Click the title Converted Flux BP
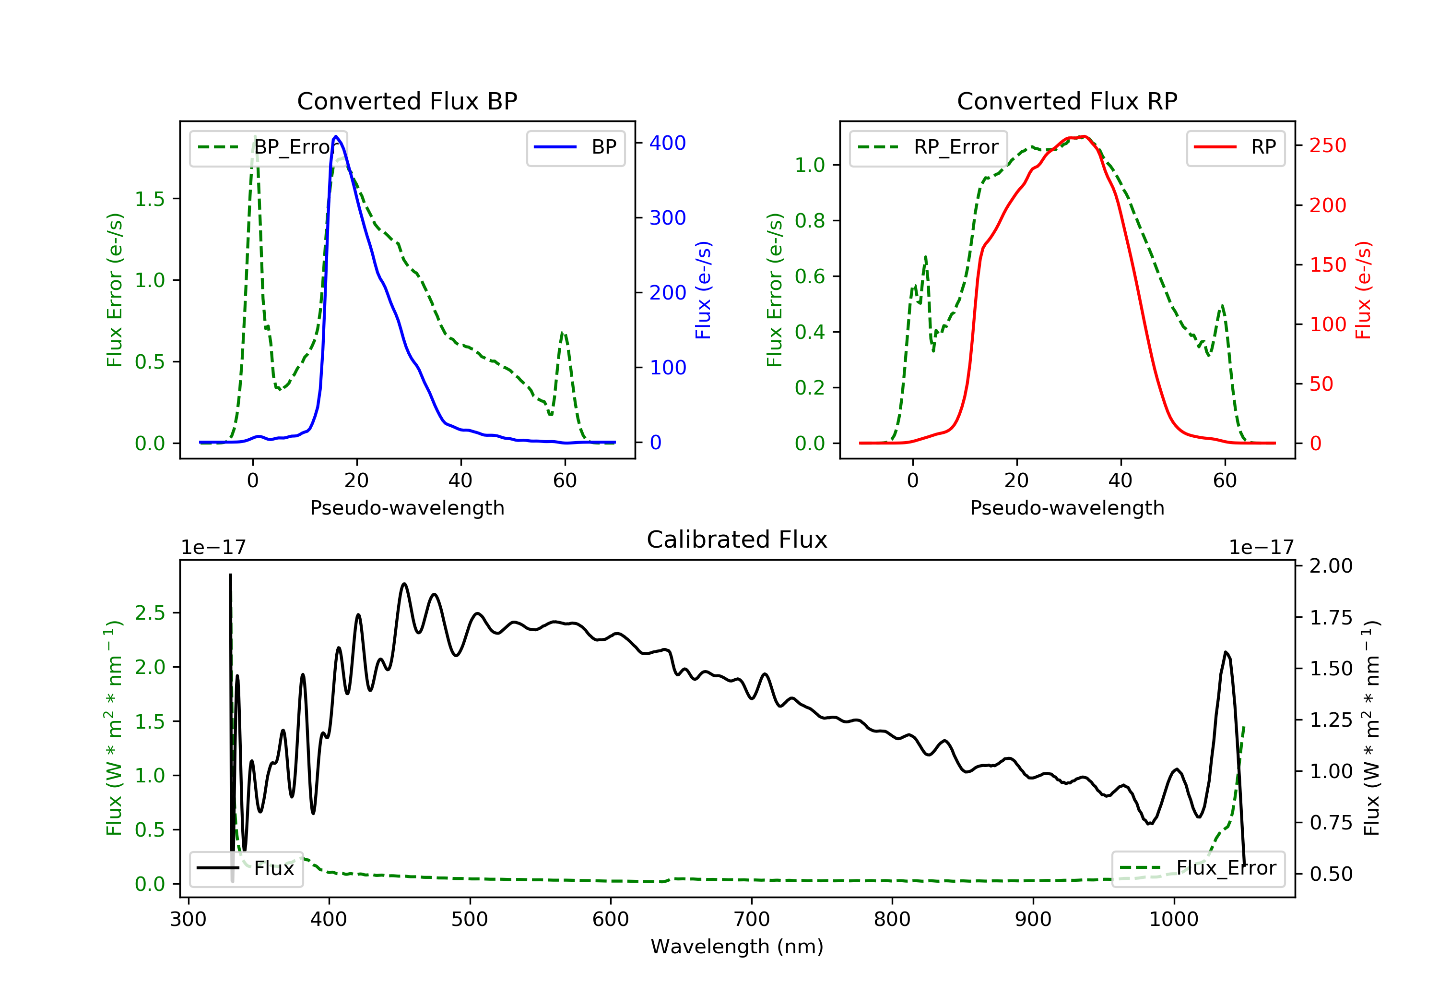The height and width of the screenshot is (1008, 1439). (x=407, y=101)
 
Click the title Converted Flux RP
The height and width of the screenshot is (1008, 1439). (x=1067, y=101)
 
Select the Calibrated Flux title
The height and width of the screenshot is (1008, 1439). (x=737, y=540)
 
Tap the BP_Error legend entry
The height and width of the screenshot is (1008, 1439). (x=268, y=147)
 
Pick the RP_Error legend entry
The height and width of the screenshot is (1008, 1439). (x=928, y=147)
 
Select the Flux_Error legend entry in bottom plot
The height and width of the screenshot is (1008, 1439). (x=1198, y=868)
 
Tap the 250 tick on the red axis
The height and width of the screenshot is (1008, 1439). (x=1327, y=145)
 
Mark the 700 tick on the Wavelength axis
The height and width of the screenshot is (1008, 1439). (x=752, y=920)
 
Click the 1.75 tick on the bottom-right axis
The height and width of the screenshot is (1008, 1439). (x=1331, y=618)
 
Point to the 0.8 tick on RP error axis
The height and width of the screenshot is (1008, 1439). (x=810, y=221)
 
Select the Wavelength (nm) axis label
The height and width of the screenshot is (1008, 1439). (x=737, y=947)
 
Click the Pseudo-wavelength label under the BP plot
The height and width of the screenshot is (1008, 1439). (x=407, y=508)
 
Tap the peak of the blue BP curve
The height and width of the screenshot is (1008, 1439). (x=336, y=136)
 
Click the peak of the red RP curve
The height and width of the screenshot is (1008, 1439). (x=1084, y=136)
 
